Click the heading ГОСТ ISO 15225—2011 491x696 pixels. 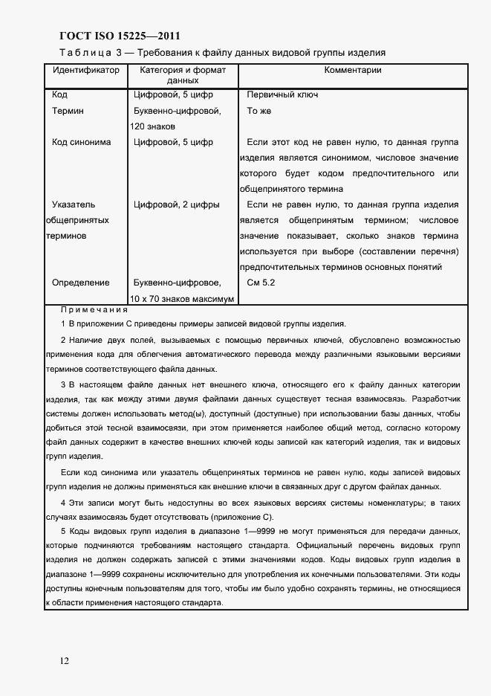tap(119, 36)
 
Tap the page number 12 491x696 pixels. tap(65, 660)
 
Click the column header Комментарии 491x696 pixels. tap(353, 70)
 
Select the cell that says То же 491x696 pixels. tap(259, 111)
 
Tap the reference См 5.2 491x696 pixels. tap(261, 283)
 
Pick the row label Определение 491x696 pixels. tap(80, 283)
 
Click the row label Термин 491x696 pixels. tap(68, 111)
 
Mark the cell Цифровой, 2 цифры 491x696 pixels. tap(176, 204)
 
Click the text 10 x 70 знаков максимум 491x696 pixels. tap(183, 299)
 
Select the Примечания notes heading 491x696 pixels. tap(94, 309)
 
